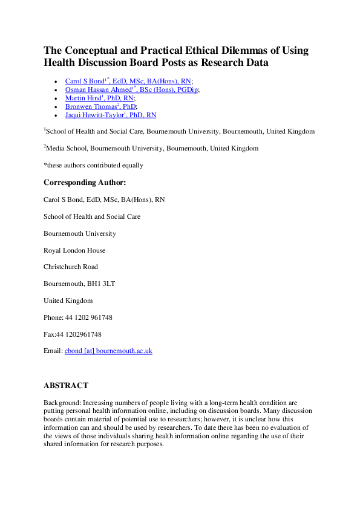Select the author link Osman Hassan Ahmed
click(94, 89)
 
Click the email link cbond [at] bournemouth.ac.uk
click(108, 350)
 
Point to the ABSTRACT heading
click(66, 385)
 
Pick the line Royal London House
click(74, 250)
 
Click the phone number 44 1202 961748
click(88, 317)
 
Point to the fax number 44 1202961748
click(82, 334)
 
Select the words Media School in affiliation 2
click(65, 148)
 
